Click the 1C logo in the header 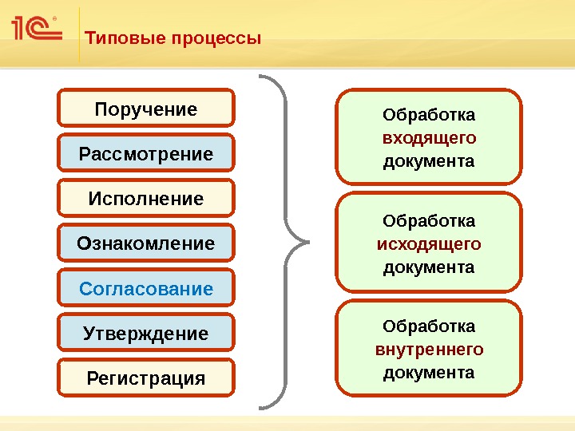37,30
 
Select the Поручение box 146,109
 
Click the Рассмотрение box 146,153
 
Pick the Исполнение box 146,198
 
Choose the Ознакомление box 146,243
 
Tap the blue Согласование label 146,288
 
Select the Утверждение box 146,333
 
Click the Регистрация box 146,378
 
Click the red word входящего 429,138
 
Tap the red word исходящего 429,243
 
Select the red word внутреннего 429,350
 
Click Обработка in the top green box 429,115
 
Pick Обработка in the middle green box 429,220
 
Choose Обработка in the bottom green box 429,326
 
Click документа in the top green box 429,162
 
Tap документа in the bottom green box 429,373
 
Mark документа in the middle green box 429,267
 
